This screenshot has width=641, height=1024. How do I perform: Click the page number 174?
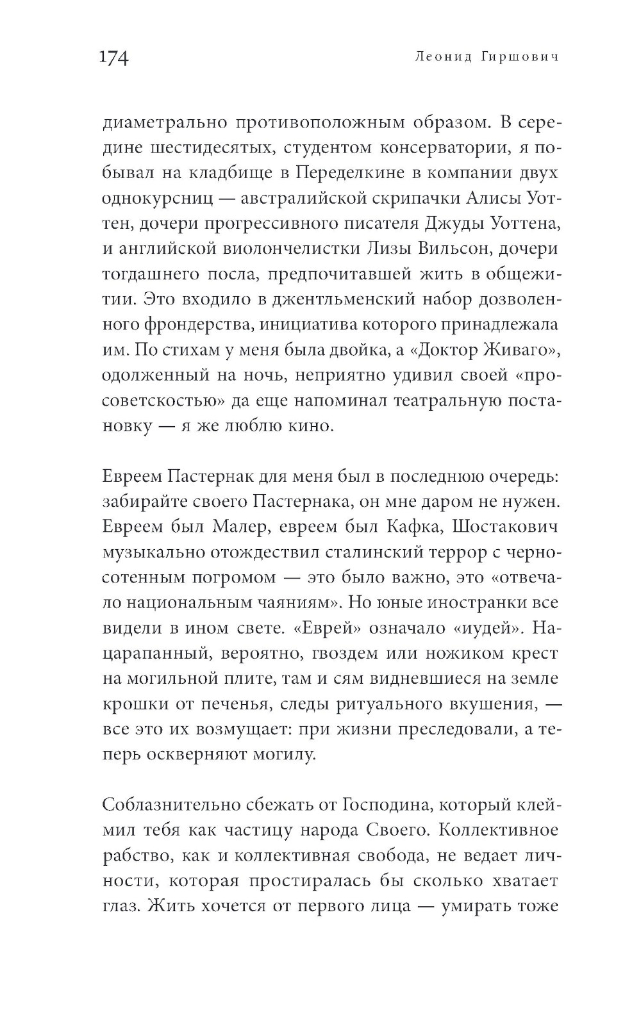[115, 58]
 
